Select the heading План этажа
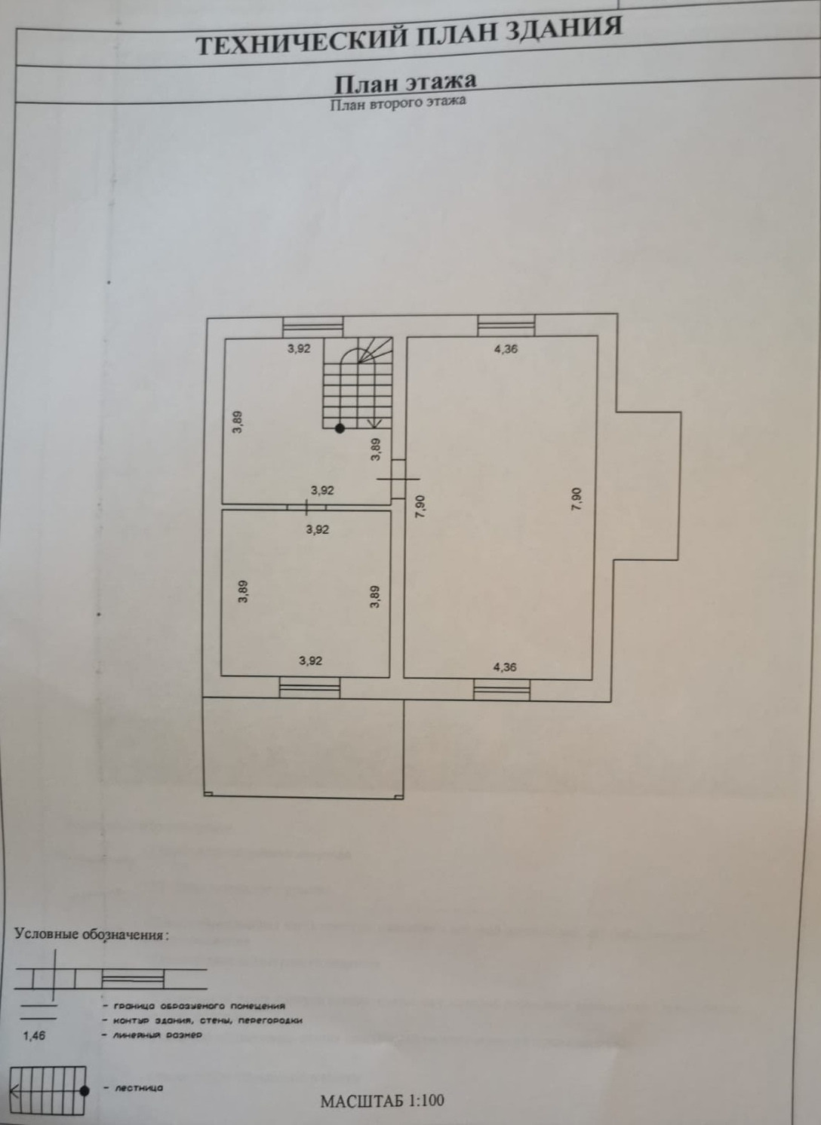pyautogui.click(x=405, y=81)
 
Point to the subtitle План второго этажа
pyautogui.click(x=398, y=103)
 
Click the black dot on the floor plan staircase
pyautogui.click(x=340, y=428)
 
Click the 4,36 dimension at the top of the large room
pyautogui.click(x=505, y=349)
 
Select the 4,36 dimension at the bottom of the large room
pyautogui.click(x=505, y=667)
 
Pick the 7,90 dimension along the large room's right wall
pyautogui.click(x=577, y=500)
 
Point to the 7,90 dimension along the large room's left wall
pyautogui.click(x=421, y=505)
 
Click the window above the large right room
pyautogui.click(x=506, y=326)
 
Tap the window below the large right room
pyautogui.click(x=502, y=688)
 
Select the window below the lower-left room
pyautogui.click(x=309, y=687)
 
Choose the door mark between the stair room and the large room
pyautogui.click(x=398, y=478)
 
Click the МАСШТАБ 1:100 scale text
pyautogui.click(x=383, y=1101)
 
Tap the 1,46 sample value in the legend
pyautogui.click(x=35, y=1035)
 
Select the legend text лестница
pyautogui.click(x=138, y=1088)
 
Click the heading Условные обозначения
pyautogui.click(x=91, y=934)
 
